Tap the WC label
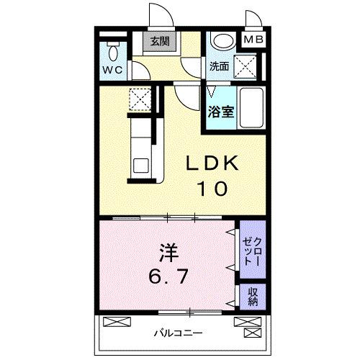112,70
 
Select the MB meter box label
252,40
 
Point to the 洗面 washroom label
219,66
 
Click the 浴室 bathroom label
220,112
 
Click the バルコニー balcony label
177,333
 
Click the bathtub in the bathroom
251,109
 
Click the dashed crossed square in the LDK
138,99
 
